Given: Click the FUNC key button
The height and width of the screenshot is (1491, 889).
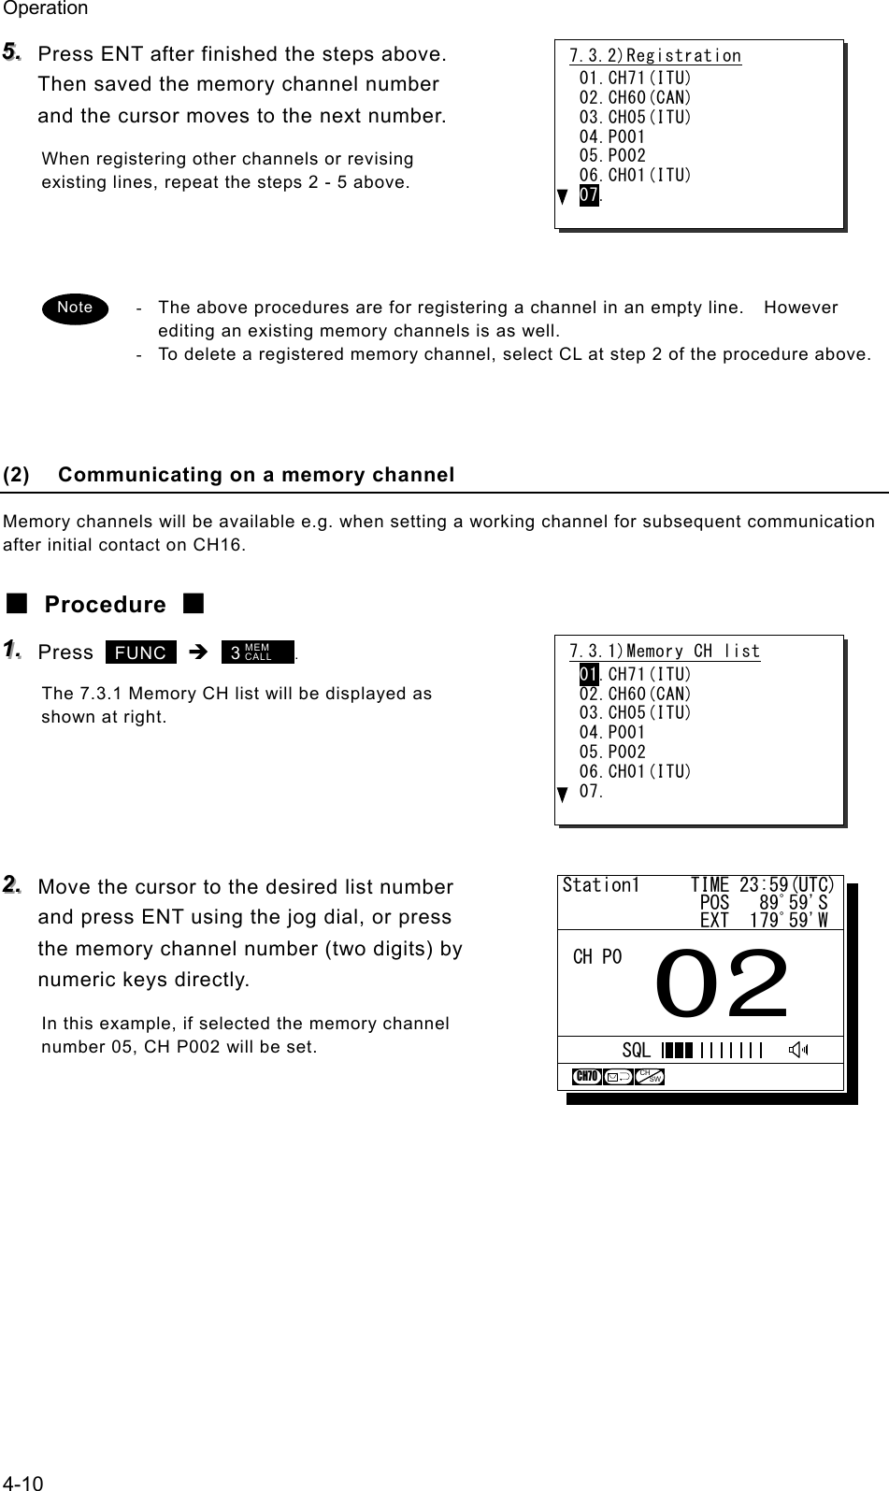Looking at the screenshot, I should pyautogui.click(x=141, y=652).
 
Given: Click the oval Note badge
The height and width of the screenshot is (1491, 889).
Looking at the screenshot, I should pyautogui.click(x=75, y=307).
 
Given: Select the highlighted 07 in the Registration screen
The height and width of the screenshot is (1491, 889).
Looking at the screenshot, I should pyautogui.click(x=589, y=194).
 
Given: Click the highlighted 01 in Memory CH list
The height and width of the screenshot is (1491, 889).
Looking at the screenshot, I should pyautogui.click(x=589, y=674).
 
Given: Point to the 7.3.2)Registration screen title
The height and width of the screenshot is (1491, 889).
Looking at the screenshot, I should pyautogui.click(x=655, y=56).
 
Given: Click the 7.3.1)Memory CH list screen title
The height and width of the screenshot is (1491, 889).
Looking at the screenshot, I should pyautogui.click(x=665, y=651).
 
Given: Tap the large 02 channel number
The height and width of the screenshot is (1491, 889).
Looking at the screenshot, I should pyautogui.click(x=723, y=984).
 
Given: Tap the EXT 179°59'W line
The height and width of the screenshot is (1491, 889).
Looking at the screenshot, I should pyautogui.click(x=763, y=921).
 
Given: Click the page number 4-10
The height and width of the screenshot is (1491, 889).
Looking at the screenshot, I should pyautogui.click(x=22, y=1482).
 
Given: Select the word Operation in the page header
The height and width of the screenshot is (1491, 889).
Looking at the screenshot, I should pyautogui.click(x=45, y=8).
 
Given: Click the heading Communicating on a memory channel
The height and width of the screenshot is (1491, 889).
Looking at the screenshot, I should pyautogui.click(x=256, y=475).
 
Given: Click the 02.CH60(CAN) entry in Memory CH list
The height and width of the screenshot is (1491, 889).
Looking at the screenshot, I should pyautogui.click(x=636, y=694).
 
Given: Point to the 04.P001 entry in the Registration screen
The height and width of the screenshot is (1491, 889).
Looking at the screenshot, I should pyautogui.click(x=612, y=136).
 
